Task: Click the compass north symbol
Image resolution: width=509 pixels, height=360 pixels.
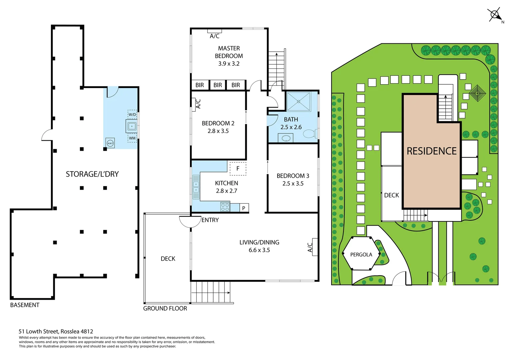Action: (x=495, y=15)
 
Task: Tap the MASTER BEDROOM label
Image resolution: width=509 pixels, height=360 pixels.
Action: (x=229, y=52)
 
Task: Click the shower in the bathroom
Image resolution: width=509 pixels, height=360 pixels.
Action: (x=298, y=101)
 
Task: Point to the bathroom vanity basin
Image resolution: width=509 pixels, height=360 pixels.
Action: (x=286, y=138)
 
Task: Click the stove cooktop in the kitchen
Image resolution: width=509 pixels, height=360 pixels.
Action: (x=225, y=207)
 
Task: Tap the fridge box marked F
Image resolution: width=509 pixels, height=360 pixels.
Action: (x=238, y=169)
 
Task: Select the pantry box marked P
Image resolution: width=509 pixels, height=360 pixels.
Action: (x=244, y=208)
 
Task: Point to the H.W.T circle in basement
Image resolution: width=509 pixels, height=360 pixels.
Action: (x=110, y=143)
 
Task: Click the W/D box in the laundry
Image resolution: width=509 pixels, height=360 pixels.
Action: (x=132, y=114)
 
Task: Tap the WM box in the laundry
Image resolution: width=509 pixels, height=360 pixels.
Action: (x=132, y=138)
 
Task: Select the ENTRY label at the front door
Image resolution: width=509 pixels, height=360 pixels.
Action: (x=210, y=220)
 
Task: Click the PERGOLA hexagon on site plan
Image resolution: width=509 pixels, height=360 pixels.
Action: (x=361, y=254)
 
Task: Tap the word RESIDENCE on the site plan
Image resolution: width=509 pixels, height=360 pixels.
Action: (x=432, y=151)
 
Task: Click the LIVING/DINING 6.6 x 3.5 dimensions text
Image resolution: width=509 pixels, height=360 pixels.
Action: (x=259, y=250)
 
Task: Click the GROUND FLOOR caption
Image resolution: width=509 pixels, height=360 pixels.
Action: (x=165, y=308)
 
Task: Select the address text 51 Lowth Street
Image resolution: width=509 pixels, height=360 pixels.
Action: (x=56, y=331)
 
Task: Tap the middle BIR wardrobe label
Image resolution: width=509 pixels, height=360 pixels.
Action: (x=218, y=85)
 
